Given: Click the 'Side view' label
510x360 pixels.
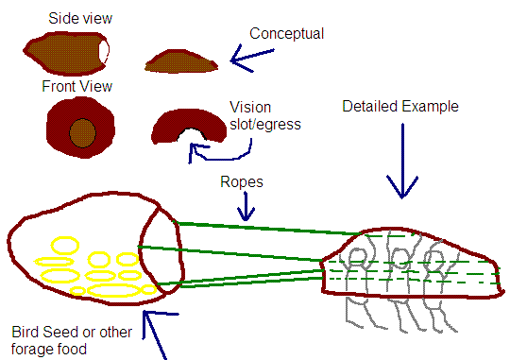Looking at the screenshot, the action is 80,18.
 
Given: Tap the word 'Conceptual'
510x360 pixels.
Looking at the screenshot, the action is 286,33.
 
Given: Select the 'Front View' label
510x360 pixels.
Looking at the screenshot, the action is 77,87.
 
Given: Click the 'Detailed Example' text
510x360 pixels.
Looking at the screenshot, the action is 400,107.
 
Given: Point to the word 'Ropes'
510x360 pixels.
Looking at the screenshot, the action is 242,182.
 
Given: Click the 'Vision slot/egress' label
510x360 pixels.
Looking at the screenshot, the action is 265,115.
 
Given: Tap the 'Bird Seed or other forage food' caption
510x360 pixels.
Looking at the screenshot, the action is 72,340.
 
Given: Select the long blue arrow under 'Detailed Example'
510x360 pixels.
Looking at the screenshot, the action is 402,162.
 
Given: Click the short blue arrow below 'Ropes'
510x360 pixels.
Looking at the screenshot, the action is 246,206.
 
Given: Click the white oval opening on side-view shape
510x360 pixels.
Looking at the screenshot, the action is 104,51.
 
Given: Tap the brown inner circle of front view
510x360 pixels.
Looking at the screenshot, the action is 82,133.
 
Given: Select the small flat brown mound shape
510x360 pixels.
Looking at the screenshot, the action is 181,61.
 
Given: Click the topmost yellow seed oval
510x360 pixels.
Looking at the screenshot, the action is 65,246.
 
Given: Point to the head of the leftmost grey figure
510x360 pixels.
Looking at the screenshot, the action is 357,256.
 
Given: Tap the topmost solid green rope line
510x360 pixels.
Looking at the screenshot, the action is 265,228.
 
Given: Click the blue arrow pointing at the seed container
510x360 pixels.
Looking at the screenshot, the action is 156,335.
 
